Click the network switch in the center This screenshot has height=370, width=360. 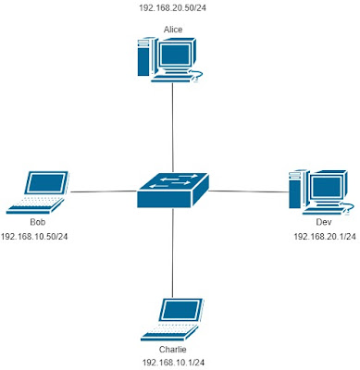pos(173,191)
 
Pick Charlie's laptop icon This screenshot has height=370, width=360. pos(173,320)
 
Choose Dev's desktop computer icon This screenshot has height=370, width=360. pos(317,191)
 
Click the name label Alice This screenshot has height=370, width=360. pos(173,30)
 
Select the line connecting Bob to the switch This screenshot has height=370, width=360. pos(102,191)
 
